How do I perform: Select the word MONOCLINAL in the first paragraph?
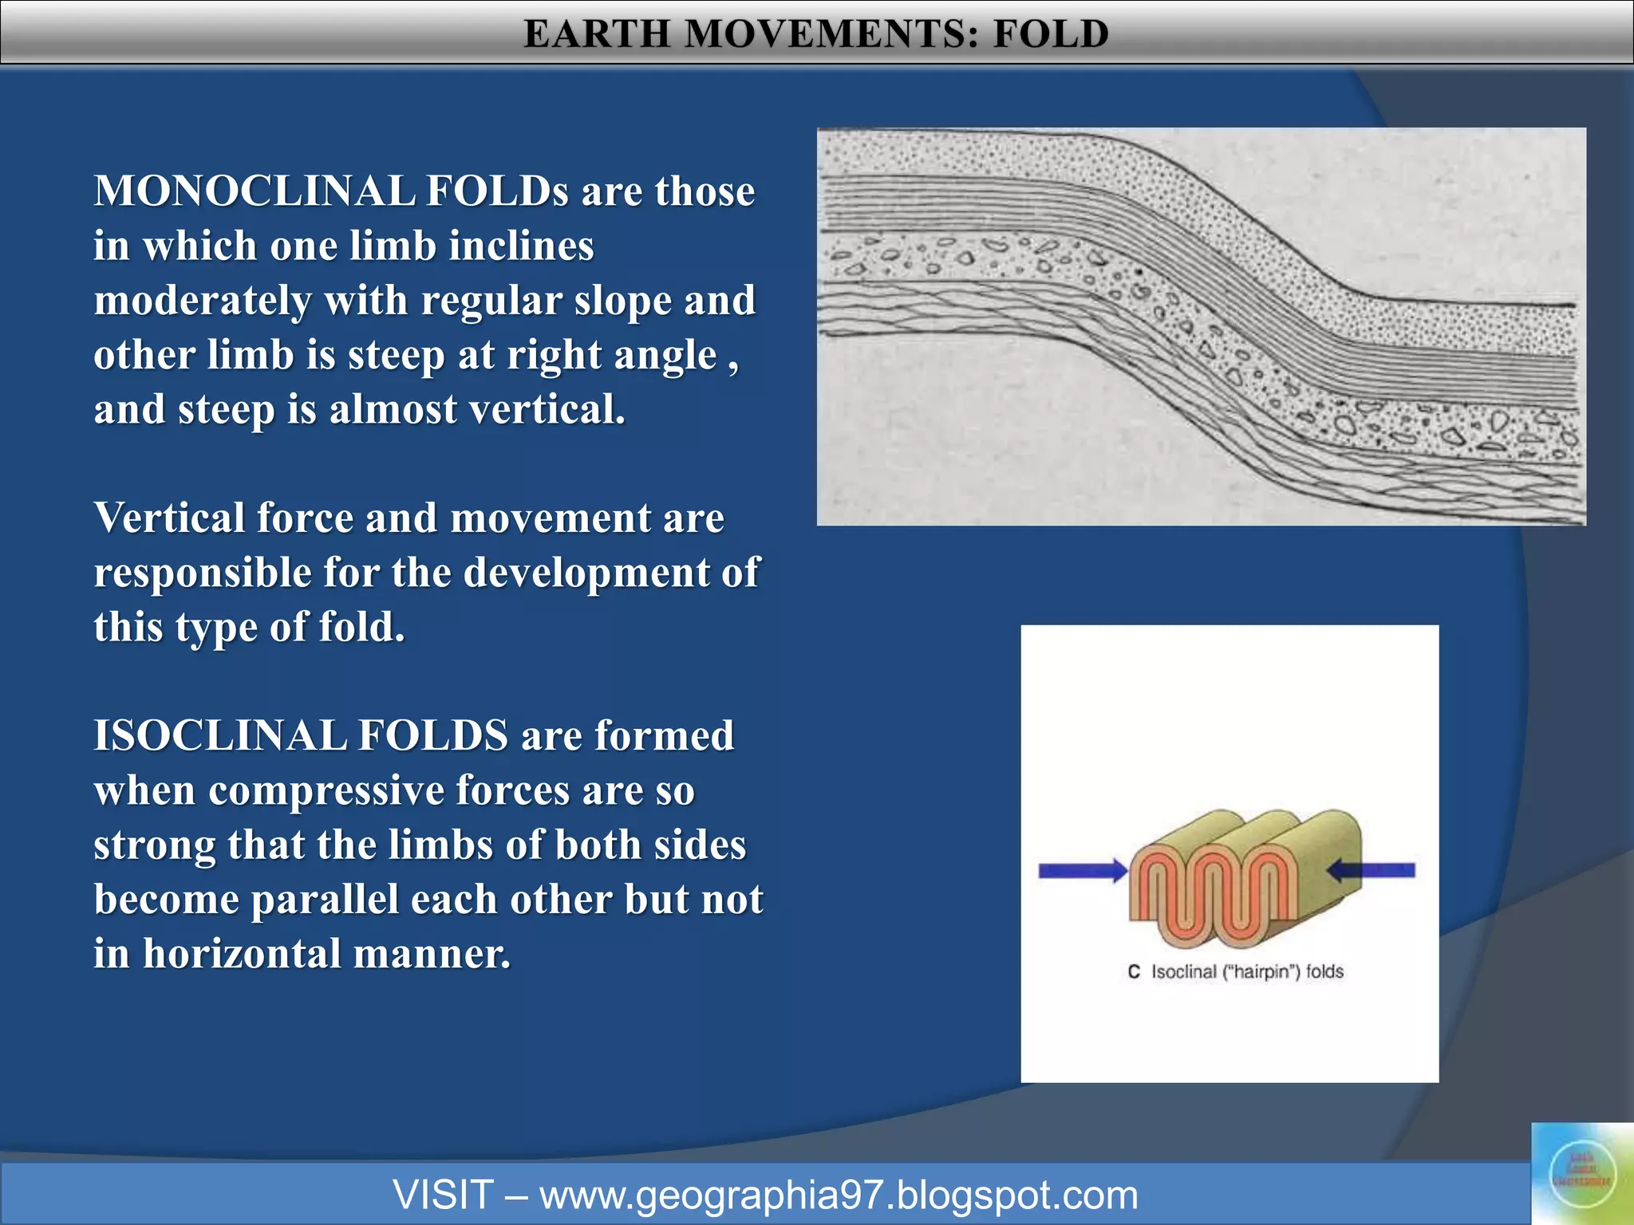coord(254,191)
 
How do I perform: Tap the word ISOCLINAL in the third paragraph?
coord(220,735)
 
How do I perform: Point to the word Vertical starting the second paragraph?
coord(168,518)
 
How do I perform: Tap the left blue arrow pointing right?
coord(1081,871)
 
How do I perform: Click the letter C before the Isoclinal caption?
coord(1134,972)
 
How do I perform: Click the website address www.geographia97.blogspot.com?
coord(838,1195)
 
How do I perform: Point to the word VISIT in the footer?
coord(444,1195)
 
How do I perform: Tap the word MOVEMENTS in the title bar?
coord(831,34)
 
